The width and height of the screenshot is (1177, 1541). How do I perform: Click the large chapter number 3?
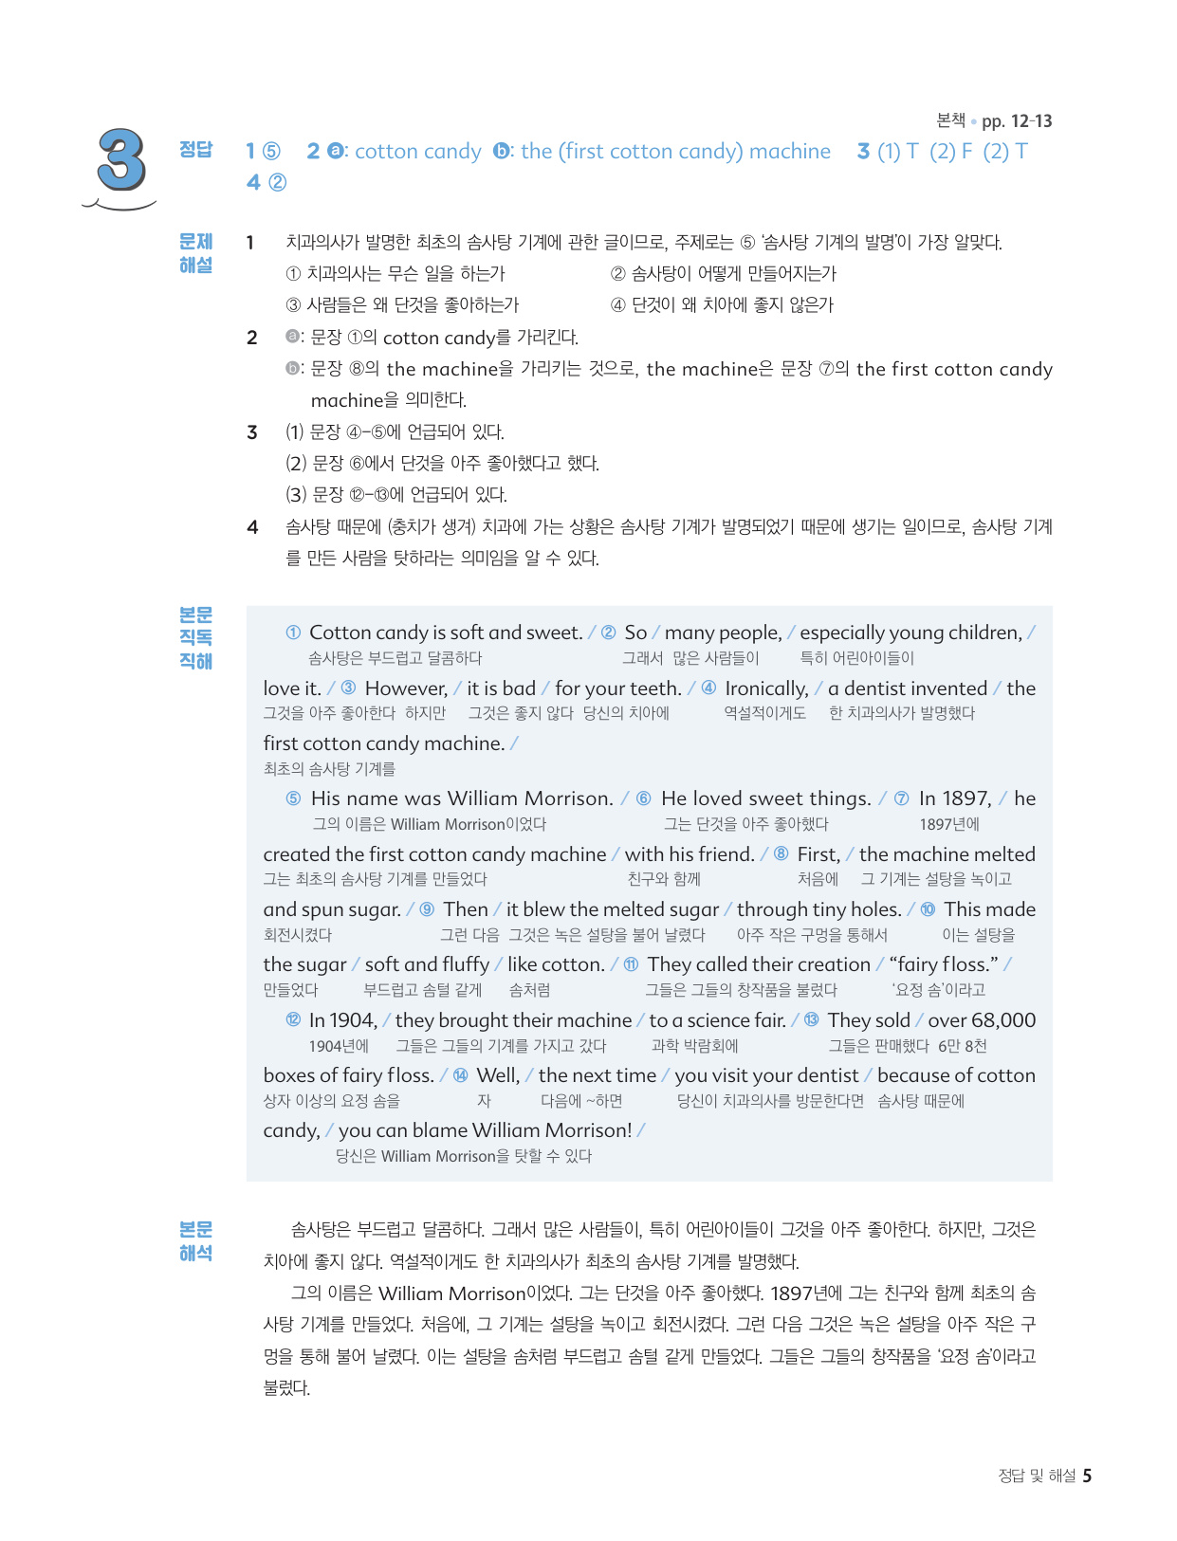(x=122, y=161)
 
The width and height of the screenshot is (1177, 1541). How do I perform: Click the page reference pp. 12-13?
(x=1017, y=121)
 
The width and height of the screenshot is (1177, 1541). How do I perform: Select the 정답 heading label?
(x=196, y=150)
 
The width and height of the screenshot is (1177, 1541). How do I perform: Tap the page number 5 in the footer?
(x=1087, y=1476)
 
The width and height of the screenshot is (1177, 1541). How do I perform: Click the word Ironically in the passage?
(x=766, y=688)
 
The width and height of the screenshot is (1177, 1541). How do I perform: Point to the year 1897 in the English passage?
(x=955, y=798)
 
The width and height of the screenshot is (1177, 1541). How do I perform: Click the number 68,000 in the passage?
(x=1003, y=1020)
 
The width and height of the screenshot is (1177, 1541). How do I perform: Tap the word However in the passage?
(x=406, y=688)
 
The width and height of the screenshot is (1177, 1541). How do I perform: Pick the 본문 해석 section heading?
(x=196, y=1241)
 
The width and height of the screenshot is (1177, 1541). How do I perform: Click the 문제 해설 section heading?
(x=196, y=253)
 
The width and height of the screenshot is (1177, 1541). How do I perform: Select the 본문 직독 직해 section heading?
(x=196, y=637)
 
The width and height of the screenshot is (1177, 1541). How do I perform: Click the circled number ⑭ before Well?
(x=461, y=1075)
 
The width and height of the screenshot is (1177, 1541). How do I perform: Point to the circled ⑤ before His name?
(x=294, y=798)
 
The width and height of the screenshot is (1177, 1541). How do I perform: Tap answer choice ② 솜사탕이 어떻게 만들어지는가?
(x=724, y=274)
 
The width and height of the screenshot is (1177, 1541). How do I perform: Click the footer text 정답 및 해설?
(x=1037, y=1476)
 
